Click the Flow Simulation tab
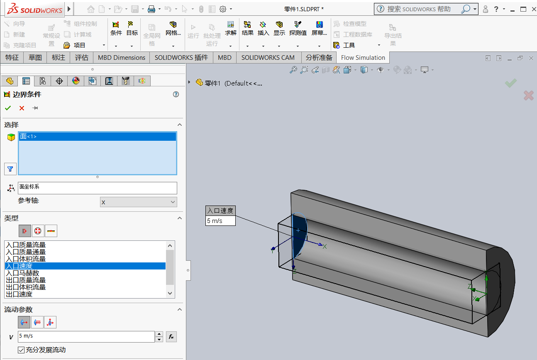pyautogui.click(x=363, y=58)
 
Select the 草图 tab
pyautogui.click(x=35, y=58)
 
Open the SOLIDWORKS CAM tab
pyautogui.click(x=268, y=58)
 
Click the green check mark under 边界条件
pyautogui.click(x=8, y=108)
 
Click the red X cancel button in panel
pyautogui.click(x=22, y=108)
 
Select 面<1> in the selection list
pyautogui.click(x=97, y=137)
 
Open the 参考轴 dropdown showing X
pyautogui.click(x=138, y=202)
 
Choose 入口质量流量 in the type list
pyautogui.click(x=26, y=245)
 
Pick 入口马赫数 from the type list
pyautogui.click(x=22, y=273)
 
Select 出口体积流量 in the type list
pyautogui.click(x=26, y=287)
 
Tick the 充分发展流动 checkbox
pyautogui.click(x=21, y=350)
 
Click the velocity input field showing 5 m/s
pyautogui.click(x=86, y=336)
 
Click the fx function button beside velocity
pyautogui.click(x=171, y=337)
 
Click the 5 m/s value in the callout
pyautogui.click(x=220, y=221)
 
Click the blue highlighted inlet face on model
pyautogui.click(x=299, y=241)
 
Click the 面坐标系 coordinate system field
pyautogui.click(x=97, y=188)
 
